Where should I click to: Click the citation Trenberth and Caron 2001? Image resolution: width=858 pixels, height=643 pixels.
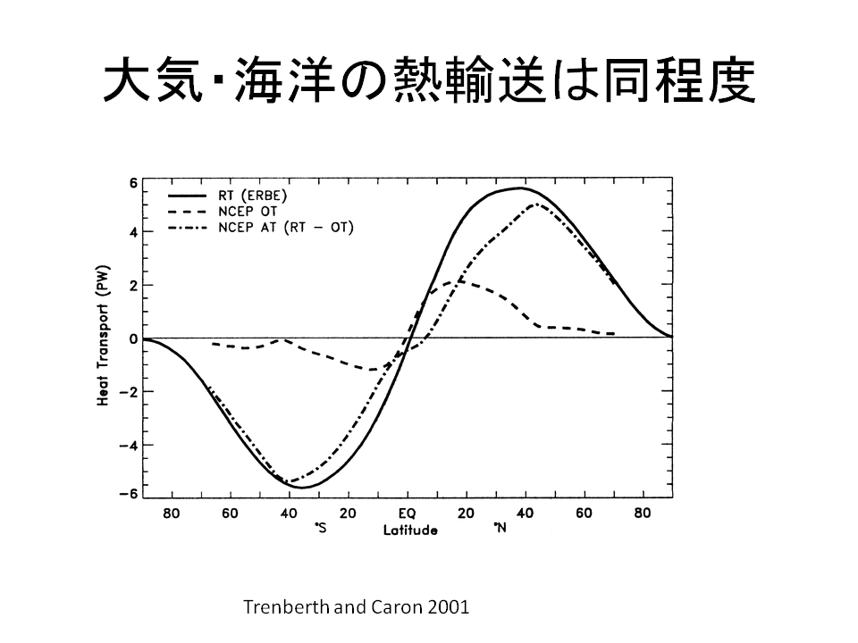356,606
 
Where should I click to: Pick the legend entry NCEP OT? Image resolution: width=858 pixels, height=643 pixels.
249,211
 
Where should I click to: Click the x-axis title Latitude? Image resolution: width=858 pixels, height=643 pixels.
410,530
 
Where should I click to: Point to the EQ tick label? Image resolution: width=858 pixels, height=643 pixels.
407,514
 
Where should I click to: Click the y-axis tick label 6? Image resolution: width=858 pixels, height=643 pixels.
131,182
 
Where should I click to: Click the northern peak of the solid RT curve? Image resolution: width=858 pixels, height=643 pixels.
520,188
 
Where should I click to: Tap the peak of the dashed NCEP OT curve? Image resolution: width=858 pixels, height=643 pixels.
457,281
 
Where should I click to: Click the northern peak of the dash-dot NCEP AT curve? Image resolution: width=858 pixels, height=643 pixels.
534,205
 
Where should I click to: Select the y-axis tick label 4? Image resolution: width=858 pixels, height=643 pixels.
131,234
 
